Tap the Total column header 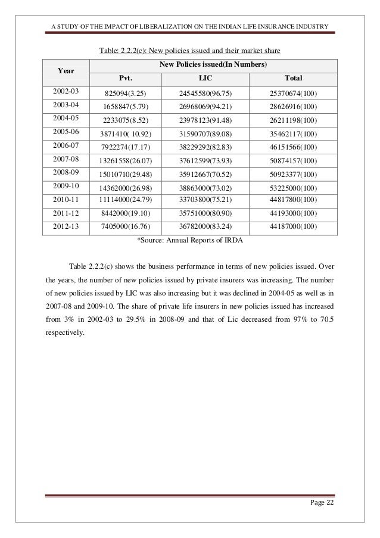[294, 78]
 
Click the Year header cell [66, 71]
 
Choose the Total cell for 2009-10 [294, 188]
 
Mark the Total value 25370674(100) [294, 94]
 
